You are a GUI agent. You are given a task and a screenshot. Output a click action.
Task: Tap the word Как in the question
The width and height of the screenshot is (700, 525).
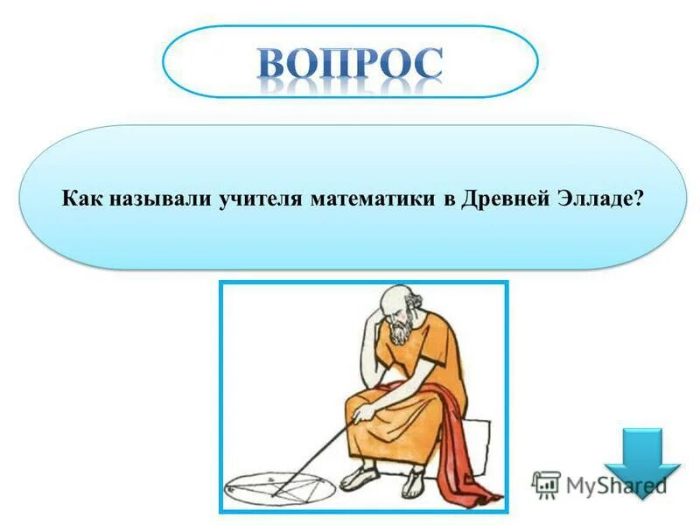(x=82, y=199)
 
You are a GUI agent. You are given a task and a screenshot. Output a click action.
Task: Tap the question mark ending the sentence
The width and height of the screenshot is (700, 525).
(x=639, y=199)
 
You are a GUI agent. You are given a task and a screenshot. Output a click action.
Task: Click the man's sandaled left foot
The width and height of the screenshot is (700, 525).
(x=360, y=478)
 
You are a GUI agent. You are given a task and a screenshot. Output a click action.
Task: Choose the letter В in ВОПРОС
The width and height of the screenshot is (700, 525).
(x=278, y=63)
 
